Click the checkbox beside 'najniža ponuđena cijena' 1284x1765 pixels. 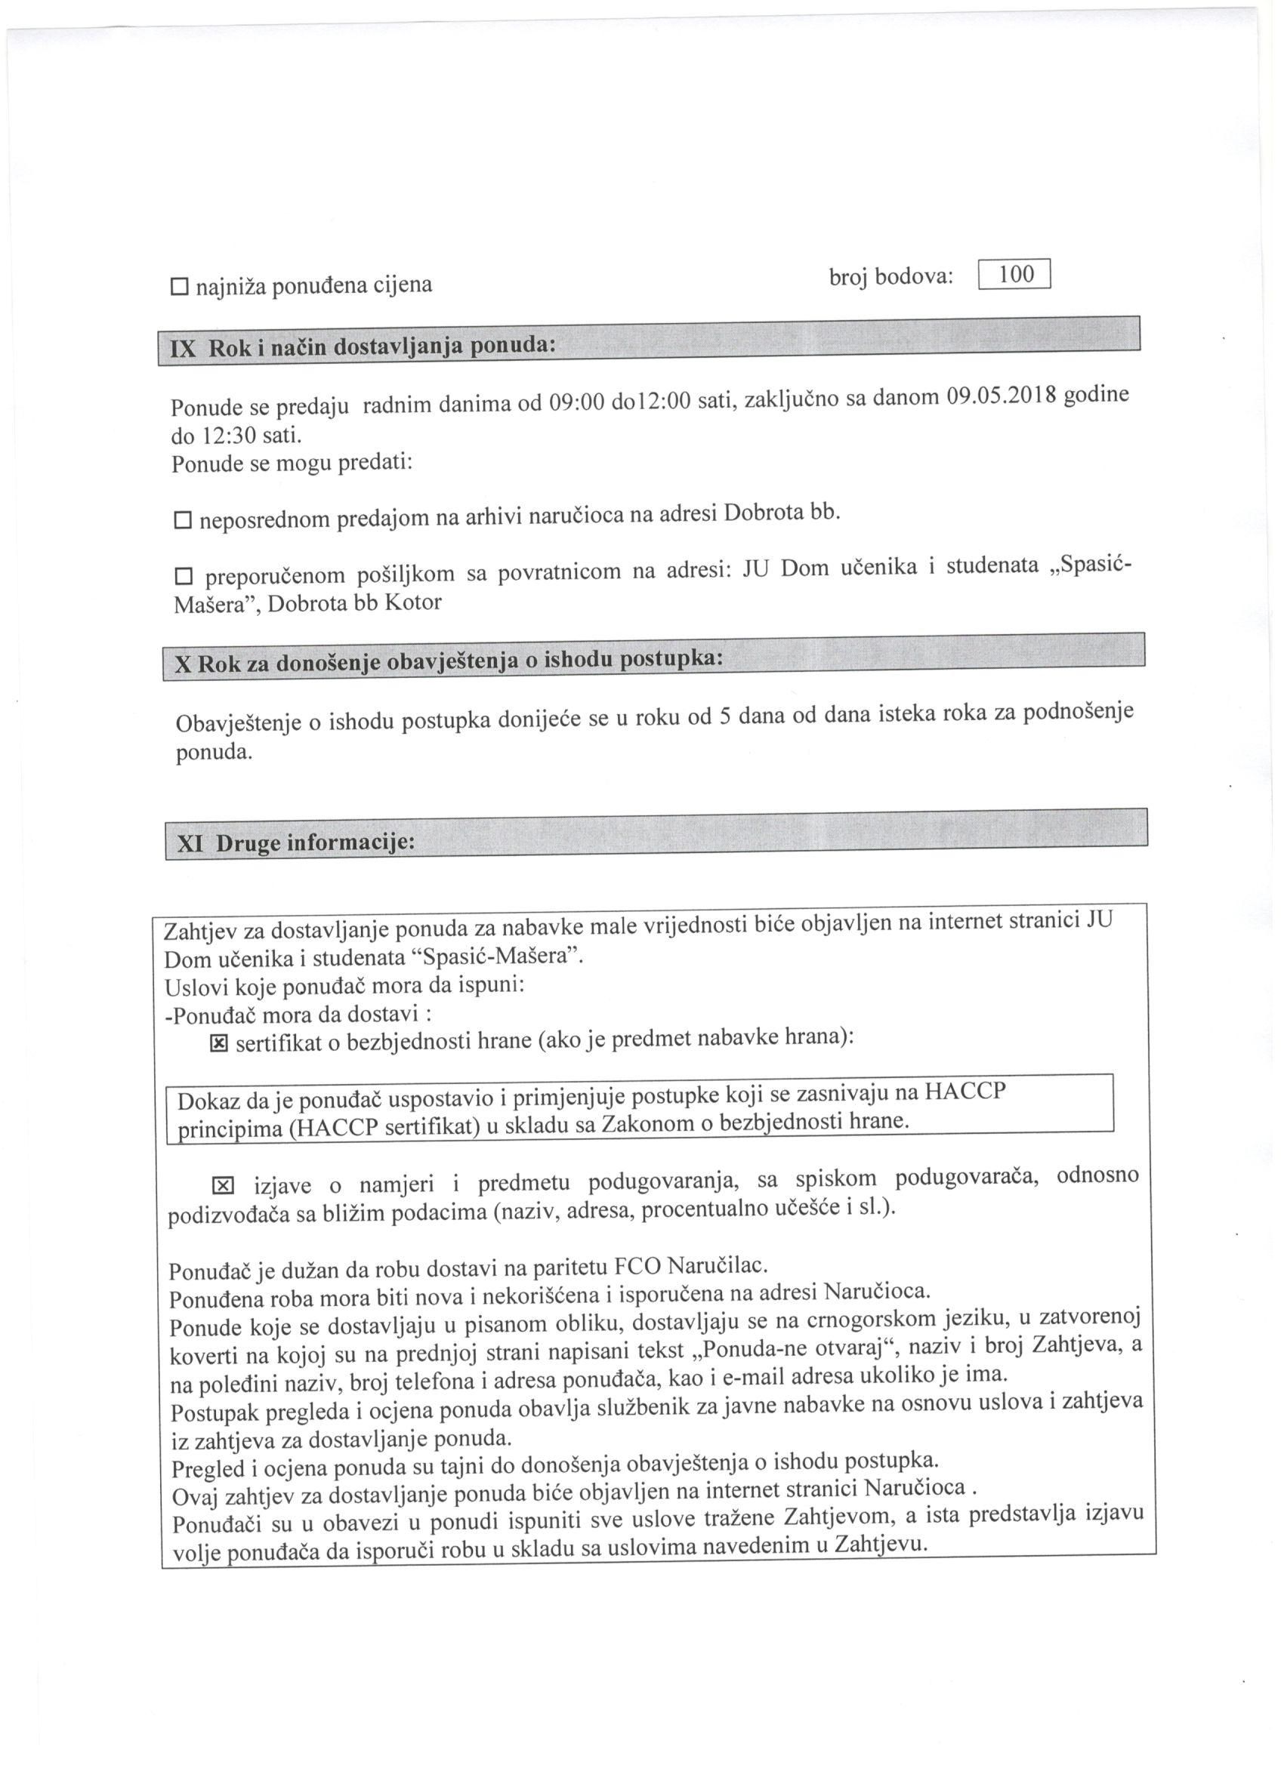pos(179,287)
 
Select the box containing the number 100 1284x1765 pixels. pos(1014,275)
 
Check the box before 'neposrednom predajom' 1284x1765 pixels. pos(183,520)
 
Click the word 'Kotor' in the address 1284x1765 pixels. pos(412,602)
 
